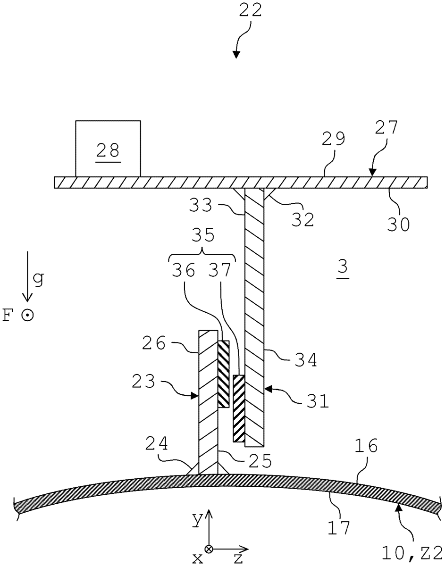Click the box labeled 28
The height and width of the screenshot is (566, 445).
coord(108,149)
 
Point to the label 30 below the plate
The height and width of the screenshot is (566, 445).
coord(399,225)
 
